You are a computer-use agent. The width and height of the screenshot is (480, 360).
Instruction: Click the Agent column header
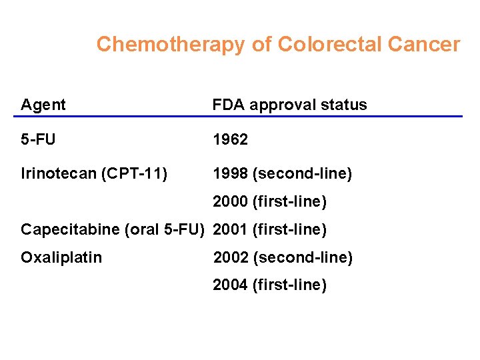pyautogui.click(x=43, y=105)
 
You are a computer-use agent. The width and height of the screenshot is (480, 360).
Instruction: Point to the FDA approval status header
pyautogui.click(x=289, y=105)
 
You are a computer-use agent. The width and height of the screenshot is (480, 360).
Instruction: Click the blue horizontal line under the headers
pyautogui.click(x=237, y=117)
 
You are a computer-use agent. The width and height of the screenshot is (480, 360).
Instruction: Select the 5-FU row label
pyautogui.click(x=38, y=139)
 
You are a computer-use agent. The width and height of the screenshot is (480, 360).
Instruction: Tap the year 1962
pyautogui.click(x=230, y=139)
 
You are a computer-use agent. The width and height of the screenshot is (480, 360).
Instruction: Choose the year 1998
pyautogui.click(x=230, y=174)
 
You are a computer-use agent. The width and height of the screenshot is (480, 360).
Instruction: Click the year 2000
pyautogui.click(x=230, y=201)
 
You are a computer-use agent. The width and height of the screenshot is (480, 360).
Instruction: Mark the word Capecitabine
pyautogui.click(x=70, y=230)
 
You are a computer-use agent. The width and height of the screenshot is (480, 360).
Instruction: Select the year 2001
pyautogui.click(x=230, y=230)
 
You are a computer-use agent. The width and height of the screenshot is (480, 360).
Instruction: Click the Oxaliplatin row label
pyautogui.click(x=61, y=257)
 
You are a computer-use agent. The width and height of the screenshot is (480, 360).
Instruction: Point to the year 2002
pyautogui.click(x=230, y=257)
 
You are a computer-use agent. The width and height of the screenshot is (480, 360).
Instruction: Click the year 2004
pyautogui.click(x=230, y=285)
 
